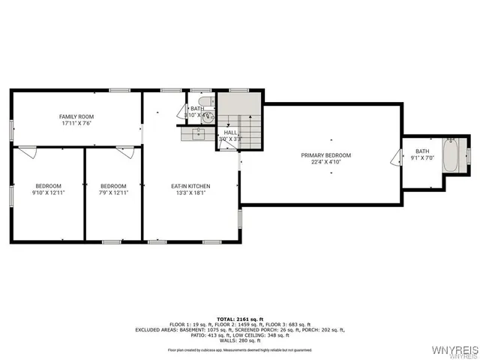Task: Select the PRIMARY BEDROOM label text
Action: (325, 155)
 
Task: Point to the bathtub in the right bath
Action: (451, 155)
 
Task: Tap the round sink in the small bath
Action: (209, 116)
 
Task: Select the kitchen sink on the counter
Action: (197, 134)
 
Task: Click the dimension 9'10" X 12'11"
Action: (49, 193)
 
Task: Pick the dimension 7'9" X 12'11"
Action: (113, 193)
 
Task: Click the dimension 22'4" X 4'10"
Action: (325, 162)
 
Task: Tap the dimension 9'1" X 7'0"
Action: (423, 158)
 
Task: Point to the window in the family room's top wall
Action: (120, 91)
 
